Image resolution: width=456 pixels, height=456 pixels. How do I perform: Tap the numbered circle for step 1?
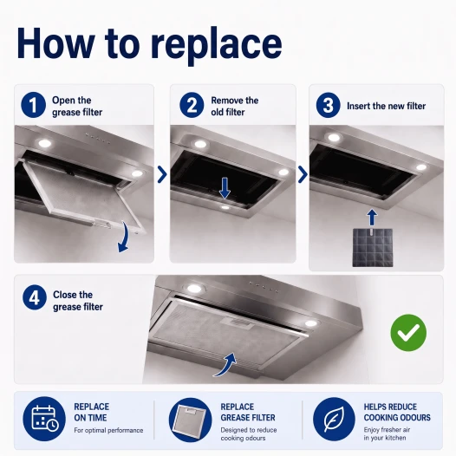[33, 105]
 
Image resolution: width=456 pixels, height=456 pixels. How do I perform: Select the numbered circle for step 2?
[192, 105]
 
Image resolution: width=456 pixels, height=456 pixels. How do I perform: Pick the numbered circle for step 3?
[328, 105]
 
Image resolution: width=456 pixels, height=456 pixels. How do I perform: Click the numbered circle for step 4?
[35, 297]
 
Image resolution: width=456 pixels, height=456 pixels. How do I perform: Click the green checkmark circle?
[408, 332]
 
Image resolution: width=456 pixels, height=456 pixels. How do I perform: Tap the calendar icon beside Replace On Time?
[44, 419]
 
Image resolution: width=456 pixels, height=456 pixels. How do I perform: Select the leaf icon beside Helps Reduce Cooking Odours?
[334, 419]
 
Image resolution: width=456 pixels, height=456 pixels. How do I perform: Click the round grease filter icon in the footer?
[190, 420]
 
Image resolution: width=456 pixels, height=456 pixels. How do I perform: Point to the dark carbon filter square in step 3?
[373, 247]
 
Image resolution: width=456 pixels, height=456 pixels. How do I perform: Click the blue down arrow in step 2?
[225, 188]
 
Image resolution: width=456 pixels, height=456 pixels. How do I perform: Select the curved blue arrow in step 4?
[226, 365]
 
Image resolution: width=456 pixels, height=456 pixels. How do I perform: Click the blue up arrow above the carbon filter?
[372, 218]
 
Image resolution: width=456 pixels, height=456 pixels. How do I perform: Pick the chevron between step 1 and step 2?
[162, 174]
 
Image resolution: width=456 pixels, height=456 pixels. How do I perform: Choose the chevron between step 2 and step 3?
[303, 174]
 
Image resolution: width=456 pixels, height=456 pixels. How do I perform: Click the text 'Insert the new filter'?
[386, 106]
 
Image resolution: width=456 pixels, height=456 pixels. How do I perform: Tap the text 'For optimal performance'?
[108, 430]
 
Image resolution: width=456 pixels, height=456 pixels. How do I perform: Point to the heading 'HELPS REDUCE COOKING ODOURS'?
[397, 412]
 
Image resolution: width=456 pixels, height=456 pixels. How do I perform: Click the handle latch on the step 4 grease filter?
[235, 322]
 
